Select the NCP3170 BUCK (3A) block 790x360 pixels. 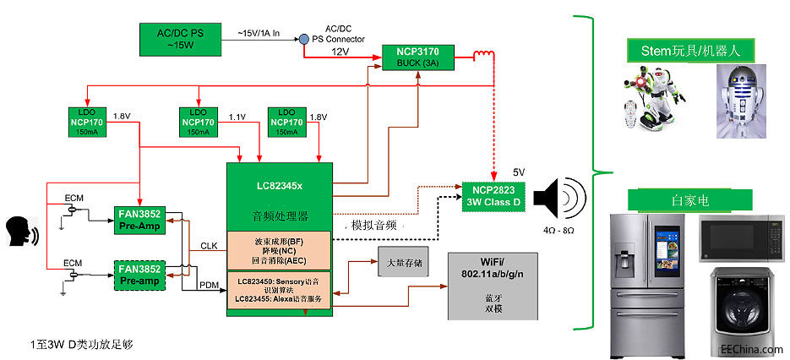point(417,57)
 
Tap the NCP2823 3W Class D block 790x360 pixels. point(494,196)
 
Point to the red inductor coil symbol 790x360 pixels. point(484,57)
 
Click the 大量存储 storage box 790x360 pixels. point(400,264)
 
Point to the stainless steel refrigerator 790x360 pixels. point(650,285)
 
